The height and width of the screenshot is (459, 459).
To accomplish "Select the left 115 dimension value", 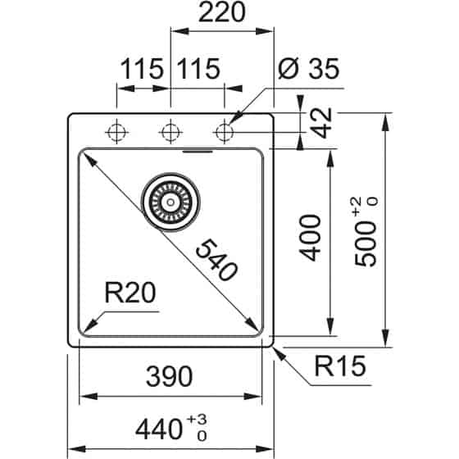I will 142,70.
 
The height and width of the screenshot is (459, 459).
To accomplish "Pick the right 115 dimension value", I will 197,70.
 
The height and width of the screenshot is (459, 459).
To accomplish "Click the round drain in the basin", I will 171,198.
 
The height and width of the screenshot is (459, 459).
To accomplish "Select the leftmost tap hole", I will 116,130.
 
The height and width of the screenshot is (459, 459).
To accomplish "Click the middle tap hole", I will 170,130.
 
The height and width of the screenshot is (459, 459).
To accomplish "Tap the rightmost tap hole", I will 224,130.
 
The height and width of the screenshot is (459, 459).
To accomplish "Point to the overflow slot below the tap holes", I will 197,151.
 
